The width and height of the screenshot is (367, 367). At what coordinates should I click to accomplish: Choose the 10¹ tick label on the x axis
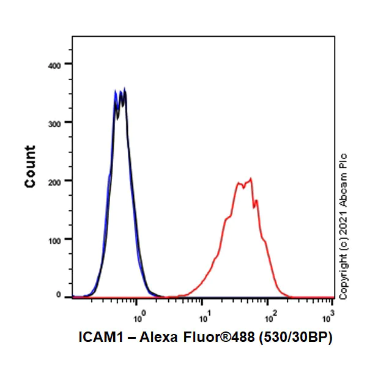coord(204,317)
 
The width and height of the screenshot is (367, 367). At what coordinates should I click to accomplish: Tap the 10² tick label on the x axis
coord(269,317)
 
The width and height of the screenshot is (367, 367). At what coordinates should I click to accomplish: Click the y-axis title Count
coord(30,166)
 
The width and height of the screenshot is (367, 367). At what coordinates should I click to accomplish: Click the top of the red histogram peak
coord(250,179)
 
